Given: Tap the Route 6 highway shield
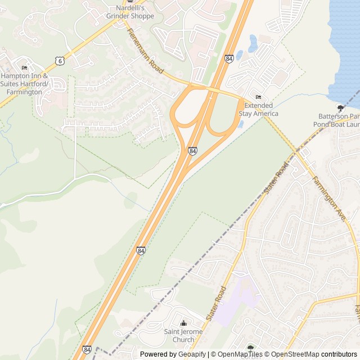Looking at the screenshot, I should (x=60, y=60).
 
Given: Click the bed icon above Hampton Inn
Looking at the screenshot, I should (x=24, y=68).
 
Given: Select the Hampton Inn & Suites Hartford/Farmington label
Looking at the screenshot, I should (x=25, y=84).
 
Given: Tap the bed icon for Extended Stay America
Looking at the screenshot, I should (x=258, y=97).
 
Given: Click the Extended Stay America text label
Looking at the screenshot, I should (x=258, y=109).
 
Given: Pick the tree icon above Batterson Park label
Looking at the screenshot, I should (x=340, y=107).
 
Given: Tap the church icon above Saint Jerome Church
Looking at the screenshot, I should (x=183, y=323).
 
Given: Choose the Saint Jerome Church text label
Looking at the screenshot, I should (x=183, y=335).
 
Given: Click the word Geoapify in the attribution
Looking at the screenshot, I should (x=191, y=354).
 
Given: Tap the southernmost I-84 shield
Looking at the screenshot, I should (x=87, y=350).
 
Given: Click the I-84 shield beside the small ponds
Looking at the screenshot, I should (x=229, y=58).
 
